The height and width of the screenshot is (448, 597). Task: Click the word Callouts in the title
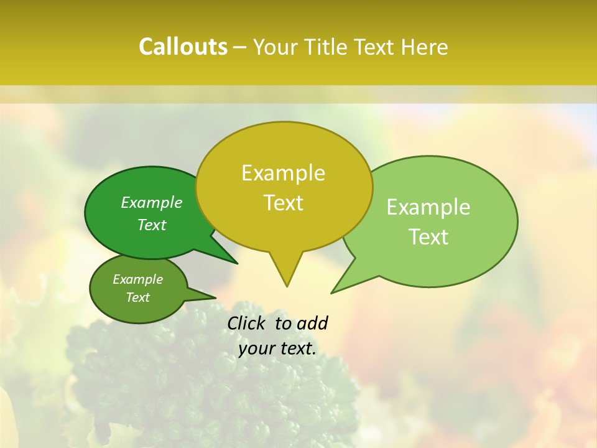coord(183,47)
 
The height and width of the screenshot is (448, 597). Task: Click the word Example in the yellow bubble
coord(283,173)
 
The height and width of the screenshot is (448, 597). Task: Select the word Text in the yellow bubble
coord(283,203)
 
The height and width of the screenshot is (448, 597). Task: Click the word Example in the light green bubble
coord(428,207)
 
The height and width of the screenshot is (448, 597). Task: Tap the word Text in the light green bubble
coord(428,237)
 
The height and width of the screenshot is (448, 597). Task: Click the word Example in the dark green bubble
coord(152,203)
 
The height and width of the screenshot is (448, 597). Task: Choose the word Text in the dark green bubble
coord(152,225)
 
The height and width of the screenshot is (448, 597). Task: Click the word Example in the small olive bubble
coord(137,279)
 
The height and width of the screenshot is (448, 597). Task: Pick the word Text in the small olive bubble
coord(137,297)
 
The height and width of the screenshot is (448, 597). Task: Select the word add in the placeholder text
coord(312,323)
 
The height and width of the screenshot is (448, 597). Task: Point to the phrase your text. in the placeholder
coord(277,349)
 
